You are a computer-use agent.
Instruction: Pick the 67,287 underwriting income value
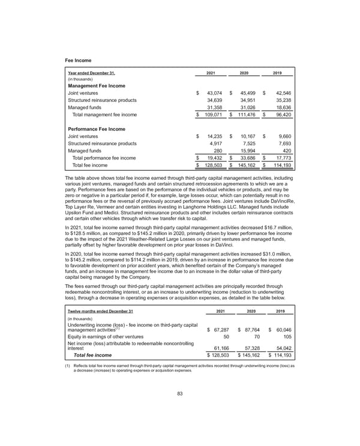219,330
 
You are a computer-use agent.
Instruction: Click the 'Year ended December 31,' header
91,73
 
